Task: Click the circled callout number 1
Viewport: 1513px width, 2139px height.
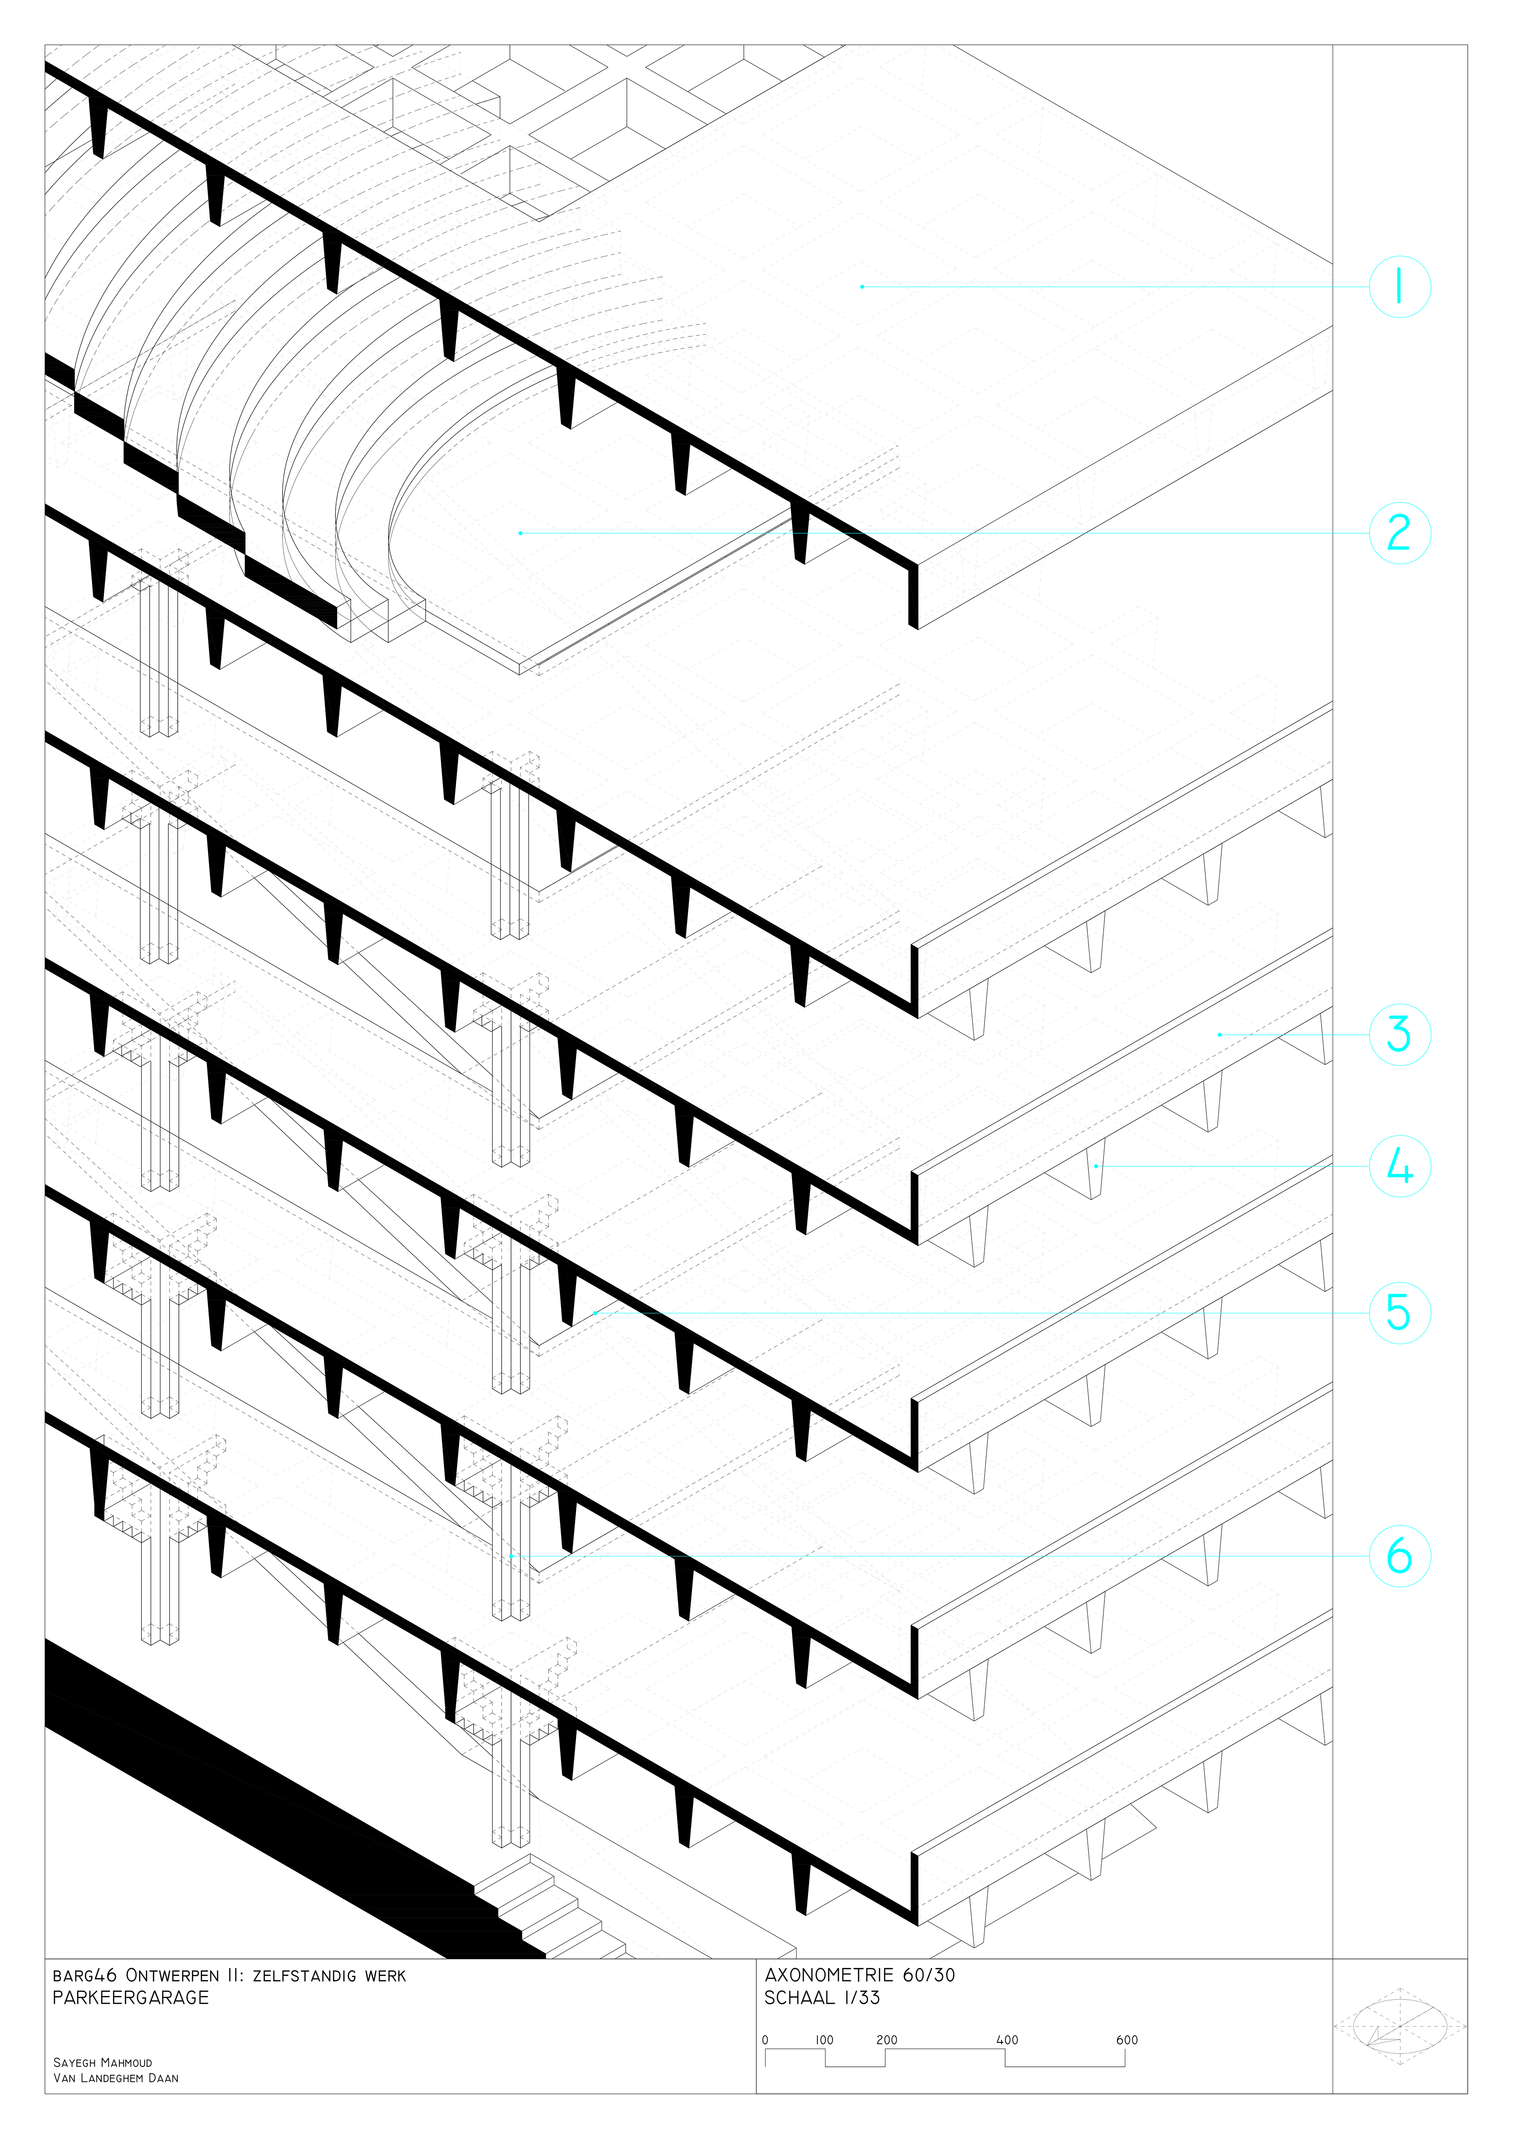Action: pos(1400,287)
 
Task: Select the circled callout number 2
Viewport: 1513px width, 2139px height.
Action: pos(1400,533)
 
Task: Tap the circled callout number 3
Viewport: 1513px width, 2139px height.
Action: pos(1400,1034)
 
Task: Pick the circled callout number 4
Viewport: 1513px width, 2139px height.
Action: pos(1400,1166)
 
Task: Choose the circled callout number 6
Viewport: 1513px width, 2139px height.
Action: pos(1400,1556)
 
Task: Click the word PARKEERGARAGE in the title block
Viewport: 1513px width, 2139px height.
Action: pos(130,1998)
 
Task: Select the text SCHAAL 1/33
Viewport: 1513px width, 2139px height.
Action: pos(822,1998)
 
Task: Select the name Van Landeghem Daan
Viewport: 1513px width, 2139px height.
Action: pos(115,2078)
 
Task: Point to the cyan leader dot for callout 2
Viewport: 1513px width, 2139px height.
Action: pos(520,533)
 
